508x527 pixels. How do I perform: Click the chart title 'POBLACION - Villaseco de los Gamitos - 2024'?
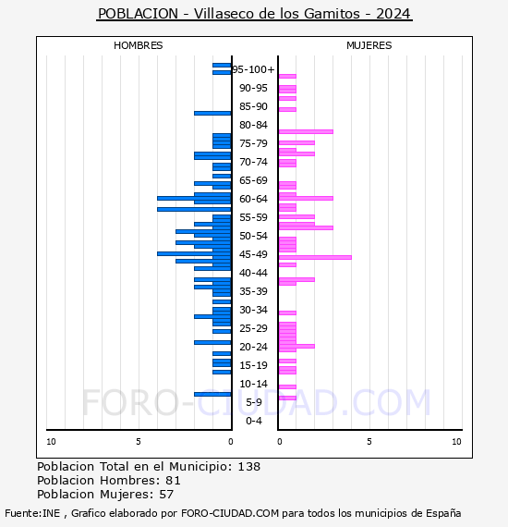pyautogui.click(x=254, y=14)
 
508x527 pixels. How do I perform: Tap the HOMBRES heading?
pyautogui.click(x=138, y=45)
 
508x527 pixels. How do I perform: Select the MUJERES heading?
pyautogui.click(x=369, y=45)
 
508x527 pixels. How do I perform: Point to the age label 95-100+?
pyautogui.click(x=253, y=69)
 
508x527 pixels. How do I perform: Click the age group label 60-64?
pyautogui.click(x=253, y=199)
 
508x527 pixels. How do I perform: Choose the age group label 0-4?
pyautogui.click(x=253, y=421)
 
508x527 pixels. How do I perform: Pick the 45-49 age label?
pyautogui.click(x=253, y=254)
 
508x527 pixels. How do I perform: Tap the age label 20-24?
pyautogui.click(x=253, y=347)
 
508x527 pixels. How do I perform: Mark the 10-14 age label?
pyautogui.click(x=253, y=384)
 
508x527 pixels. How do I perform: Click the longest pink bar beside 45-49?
pyautogui.click(x=315, y=257)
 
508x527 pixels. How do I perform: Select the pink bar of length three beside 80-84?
pyautogui.click(x=306, y=131)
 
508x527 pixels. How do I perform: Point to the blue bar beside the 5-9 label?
pyautogui.click(x=212, y=394)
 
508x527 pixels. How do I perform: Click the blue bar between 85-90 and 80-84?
pyautogui.click(x=212, y=114)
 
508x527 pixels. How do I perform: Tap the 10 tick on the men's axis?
pyautogui.click(x=51, y=442)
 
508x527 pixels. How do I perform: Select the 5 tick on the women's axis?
pyautogui.click(x=369, y=442)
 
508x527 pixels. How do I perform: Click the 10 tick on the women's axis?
pyautogui.click(x=456, y=442)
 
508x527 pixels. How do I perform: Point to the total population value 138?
pyautogui.click(x=249, y=467)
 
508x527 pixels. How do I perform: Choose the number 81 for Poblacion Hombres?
pyautogui.click(x=174, y=481)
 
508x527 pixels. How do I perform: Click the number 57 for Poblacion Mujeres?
pyautogui.click(x=166, y=495)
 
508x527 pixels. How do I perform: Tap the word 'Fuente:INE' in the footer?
pyautogui.click(x=32, y=513)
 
